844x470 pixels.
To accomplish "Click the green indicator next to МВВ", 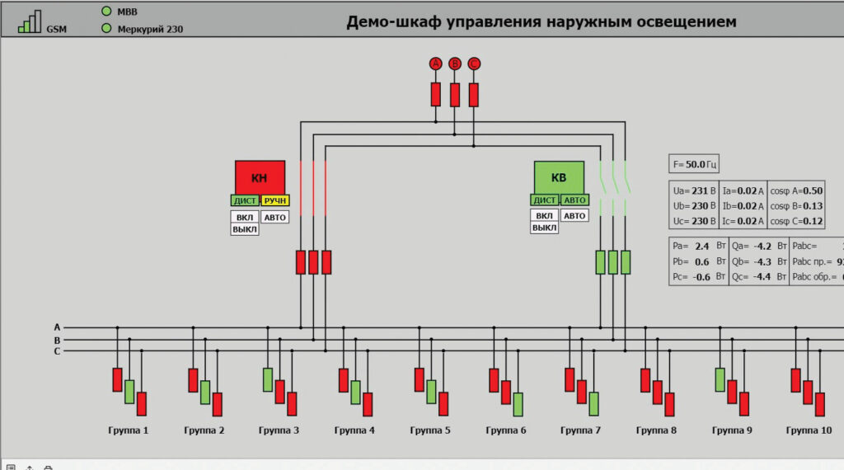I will coord(106,12).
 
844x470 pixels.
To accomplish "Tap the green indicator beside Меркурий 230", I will coord(106,28).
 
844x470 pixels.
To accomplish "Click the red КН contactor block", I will coord(260,176).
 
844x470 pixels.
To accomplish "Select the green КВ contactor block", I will coord(559,176).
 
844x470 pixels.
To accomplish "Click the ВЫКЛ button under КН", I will coord(245,229).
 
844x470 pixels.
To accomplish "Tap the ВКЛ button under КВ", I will coord(544,216).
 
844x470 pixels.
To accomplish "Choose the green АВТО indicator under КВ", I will coord(574,200).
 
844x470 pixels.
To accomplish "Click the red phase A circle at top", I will coord(436,64).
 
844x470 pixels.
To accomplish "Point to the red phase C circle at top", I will coord(474,64).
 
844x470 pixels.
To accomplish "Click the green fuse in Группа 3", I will coord(268,379).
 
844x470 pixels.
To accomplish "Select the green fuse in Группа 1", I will coord(129,392).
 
